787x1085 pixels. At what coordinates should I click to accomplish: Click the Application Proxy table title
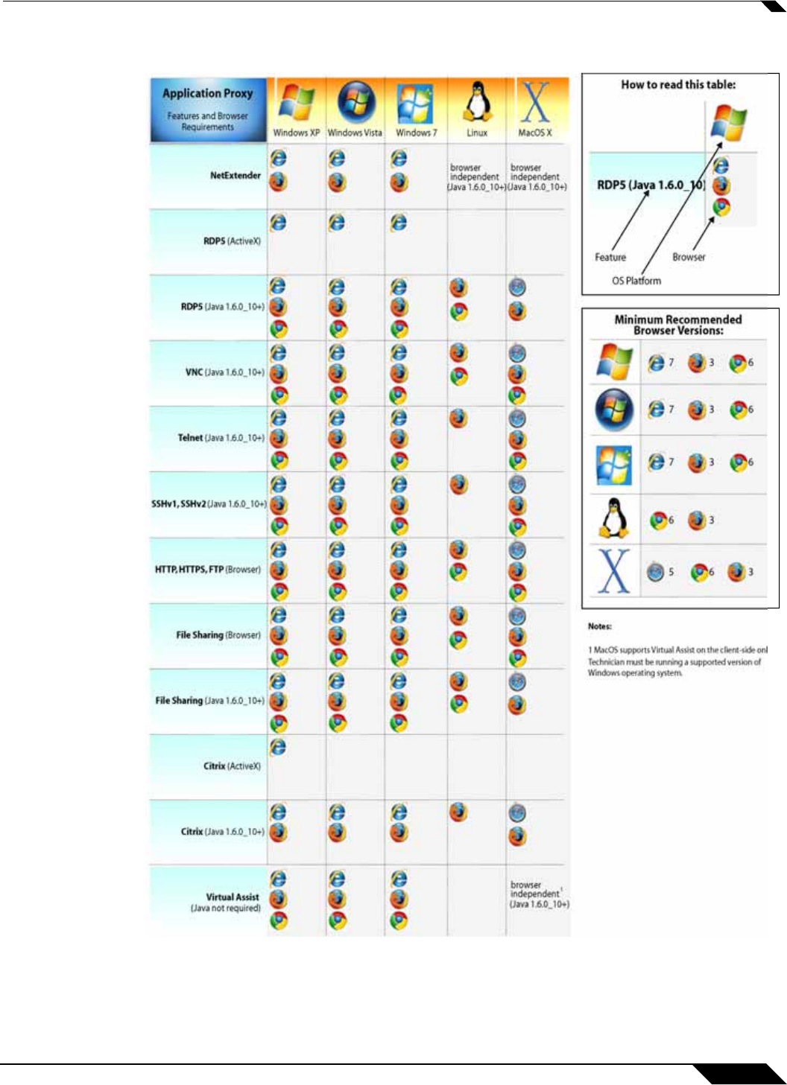point(208,94)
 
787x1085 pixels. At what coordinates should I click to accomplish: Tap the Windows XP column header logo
point(296,103)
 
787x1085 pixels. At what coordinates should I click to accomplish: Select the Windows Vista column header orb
point(355,101)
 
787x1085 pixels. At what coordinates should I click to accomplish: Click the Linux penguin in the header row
point(476,101)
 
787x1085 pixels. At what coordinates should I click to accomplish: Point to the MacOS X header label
point(534,133)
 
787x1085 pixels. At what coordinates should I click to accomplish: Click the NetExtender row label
point(235,176)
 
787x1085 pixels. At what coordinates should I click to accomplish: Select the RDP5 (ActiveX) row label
point(232,241)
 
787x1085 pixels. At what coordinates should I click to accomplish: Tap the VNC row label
point(224,372)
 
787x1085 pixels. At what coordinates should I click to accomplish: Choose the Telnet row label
point(221,438)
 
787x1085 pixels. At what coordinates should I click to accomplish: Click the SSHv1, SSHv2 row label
point(208,504)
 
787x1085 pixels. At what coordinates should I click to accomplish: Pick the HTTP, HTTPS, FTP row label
point(207,570)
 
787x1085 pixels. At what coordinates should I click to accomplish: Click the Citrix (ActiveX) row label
point(232,766)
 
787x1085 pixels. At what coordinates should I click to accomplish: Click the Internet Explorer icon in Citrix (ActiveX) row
point(278,746)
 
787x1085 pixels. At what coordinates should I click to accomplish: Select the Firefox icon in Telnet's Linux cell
point(458,419)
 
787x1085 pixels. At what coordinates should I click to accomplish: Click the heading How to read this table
point(678,85)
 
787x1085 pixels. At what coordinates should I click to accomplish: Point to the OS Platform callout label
point(636,281)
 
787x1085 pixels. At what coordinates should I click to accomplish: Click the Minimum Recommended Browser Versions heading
point(678,325)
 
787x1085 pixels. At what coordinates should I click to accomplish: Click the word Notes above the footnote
point(599,626)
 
